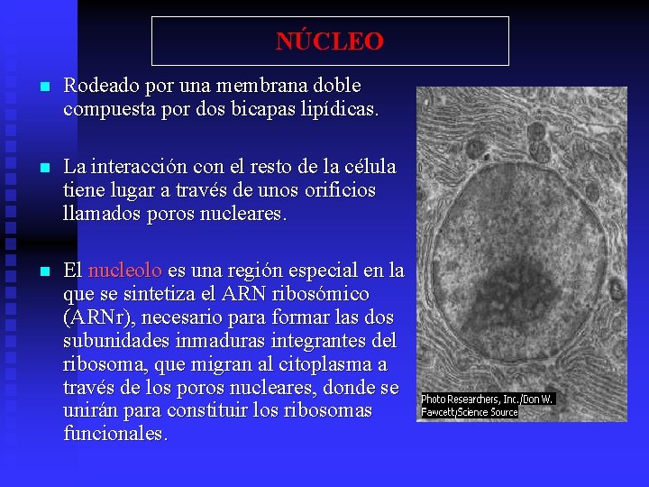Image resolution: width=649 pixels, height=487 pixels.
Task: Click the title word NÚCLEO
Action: (x=329, y=41)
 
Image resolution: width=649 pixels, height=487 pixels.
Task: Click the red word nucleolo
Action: (x=125, y=271)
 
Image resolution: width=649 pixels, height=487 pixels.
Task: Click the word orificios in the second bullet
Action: (x=340, y=190)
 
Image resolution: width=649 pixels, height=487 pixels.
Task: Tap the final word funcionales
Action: (x=114, y=434)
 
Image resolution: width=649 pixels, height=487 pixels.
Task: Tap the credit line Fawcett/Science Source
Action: (x=470, y=412)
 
